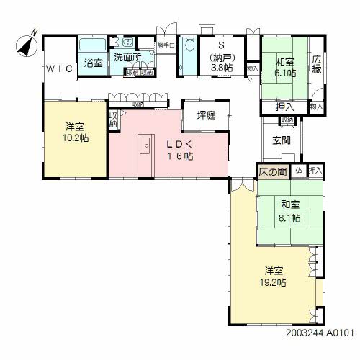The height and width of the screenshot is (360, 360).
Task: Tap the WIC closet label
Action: coord(58,69)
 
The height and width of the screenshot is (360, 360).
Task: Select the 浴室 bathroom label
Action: coord(93,63)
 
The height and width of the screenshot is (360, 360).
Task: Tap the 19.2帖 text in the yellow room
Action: coord(274,283)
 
